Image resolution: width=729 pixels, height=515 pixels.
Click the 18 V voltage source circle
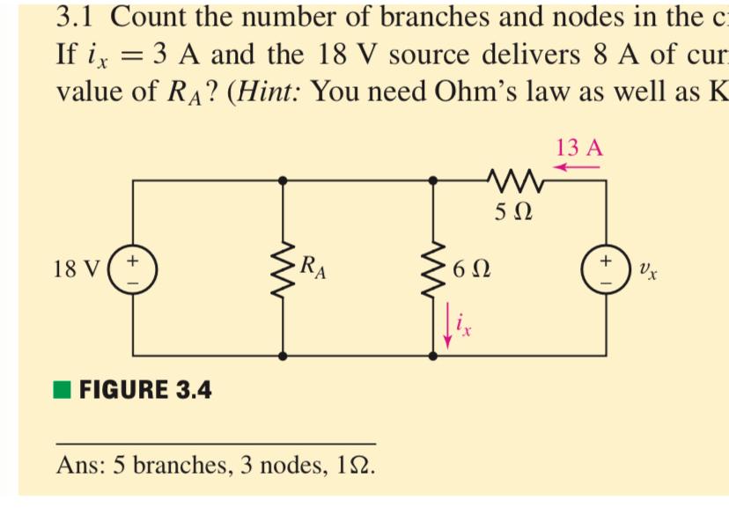pyautogui.click(x=135, y=267)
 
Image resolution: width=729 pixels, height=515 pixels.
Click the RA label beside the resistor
pyautogui.click(x=312, y=266)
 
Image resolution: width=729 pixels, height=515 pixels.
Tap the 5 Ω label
pyautogui.click(x=515, y=213)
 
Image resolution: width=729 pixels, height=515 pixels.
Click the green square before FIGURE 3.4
pyautogui.click(x=63, y=389)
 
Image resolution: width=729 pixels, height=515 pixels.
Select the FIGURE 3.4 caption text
pyautogui.click(x=145, y=389)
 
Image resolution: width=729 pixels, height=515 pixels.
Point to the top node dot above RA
pyautogui.click(x=283, y=180)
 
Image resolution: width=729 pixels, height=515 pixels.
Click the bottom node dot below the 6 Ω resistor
pyautogui.click(x=432, y=356)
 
